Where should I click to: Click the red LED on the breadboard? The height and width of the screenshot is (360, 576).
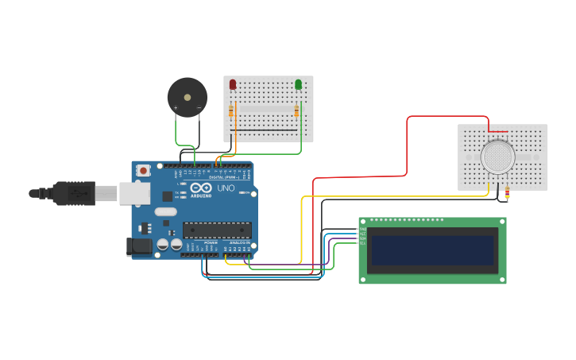[x=233, y=84]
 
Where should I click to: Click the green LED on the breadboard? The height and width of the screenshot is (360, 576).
[x=298, y=84]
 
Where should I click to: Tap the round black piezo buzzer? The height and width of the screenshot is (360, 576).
[x=187, y=98]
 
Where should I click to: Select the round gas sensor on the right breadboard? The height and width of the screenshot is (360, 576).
[x=497, y=157]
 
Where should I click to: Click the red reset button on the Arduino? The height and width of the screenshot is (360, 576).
[x=143, y=170]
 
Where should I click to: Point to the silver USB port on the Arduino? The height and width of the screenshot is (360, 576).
[x=134, y=193]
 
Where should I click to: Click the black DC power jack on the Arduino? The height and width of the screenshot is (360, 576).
[x=140, y=246]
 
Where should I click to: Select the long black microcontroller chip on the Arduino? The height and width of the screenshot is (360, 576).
[x=217, y=230]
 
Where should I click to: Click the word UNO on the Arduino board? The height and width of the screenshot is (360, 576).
[x=226, y=188]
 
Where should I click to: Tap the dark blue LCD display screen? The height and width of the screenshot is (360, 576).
[x=432, y=250]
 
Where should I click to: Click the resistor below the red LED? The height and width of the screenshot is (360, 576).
[x=231, y=111]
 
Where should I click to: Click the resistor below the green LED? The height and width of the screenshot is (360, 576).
[x=296, y=111]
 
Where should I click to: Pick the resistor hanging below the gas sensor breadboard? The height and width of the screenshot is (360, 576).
[x=507, y=193]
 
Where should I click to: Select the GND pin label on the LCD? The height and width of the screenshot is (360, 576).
[x=363, y=229]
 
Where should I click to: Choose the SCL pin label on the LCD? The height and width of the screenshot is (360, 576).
[x=363, y=243]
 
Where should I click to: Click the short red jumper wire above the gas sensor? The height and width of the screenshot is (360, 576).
[x=498, y=132]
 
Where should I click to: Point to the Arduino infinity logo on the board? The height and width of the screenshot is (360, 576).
[x=200, y=188]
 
